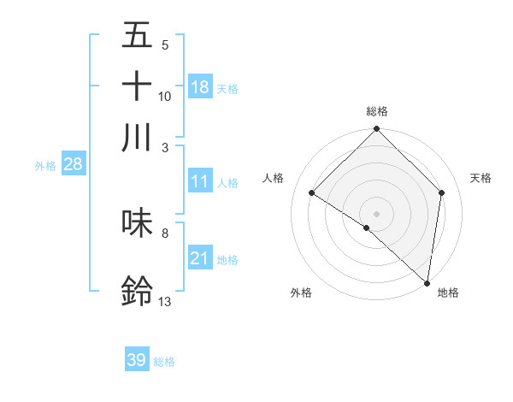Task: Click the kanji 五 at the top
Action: tap(138, 36)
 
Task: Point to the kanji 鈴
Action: tap(138, 291)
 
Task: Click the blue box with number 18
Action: tap(200, 86)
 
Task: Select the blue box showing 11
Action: tap(200, 181)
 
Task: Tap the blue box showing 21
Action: tap(200, 258)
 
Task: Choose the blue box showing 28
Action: tap(73, 165)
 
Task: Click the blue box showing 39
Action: tap(137, 360)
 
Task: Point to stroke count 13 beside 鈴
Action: tap(164, 300)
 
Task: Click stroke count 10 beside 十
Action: tap(164, 96)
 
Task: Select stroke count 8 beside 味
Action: tap(164, 232)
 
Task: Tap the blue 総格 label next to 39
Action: tap(164, 362)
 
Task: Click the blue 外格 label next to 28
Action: tap(45, 167)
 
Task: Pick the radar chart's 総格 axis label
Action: tap(377, 111)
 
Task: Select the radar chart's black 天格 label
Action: tap(481, 178)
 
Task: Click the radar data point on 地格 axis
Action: tap(427, 282)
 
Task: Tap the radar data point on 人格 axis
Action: tap(312, 193)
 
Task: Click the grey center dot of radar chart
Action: tap(376, 212)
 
